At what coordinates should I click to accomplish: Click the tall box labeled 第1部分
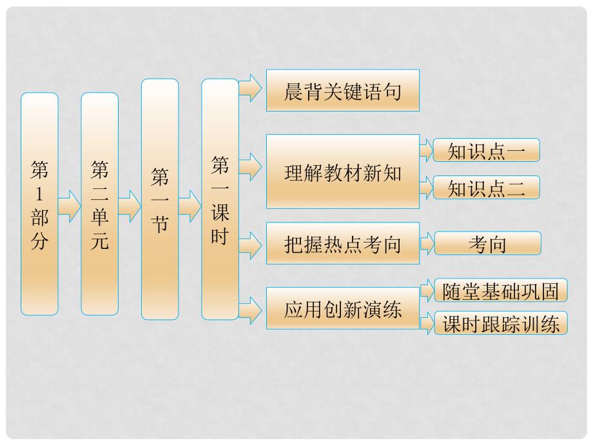39,204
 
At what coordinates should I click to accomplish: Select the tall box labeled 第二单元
99,204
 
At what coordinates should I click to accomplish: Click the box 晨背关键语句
343,90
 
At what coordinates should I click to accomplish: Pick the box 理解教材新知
343,172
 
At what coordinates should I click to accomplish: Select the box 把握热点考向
343,243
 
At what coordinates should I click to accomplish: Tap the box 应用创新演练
343,308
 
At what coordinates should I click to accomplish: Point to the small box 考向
487,243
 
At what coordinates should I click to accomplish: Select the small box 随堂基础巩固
501,291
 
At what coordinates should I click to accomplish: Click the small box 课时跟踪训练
501,324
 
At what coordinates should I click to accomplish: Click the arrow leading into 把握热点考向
251,243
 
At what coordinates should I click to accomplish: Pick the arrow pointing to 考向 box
427,244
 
